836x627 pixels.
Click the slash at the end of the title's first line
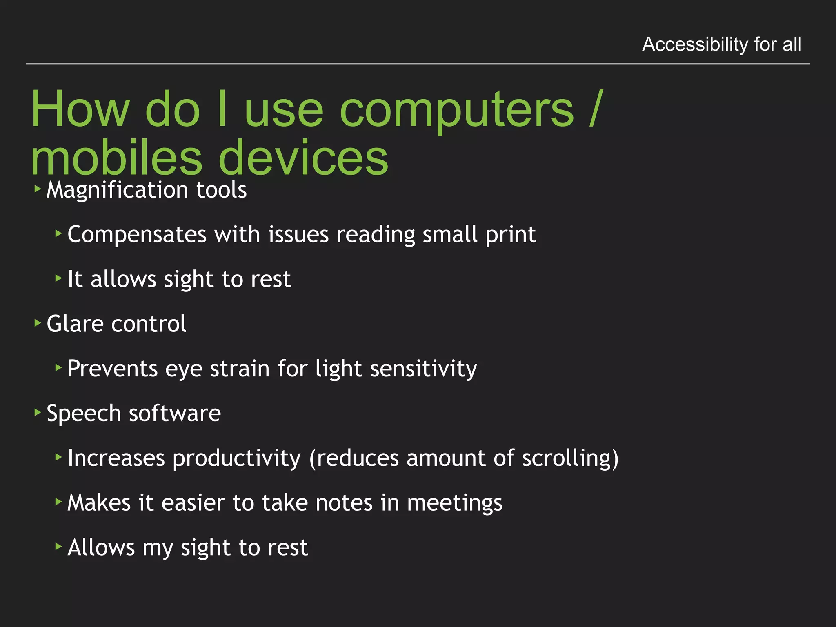596,109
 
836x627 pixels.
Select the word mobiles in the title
116,158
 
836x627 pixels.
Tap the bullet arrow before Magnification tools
38,189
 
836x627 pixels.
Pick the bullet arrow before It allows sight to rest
58,278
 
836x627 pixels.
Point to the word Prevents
112,369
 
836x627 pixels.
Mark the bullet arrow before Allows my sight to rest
58,546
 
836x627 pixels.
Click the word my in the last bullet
158,548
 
